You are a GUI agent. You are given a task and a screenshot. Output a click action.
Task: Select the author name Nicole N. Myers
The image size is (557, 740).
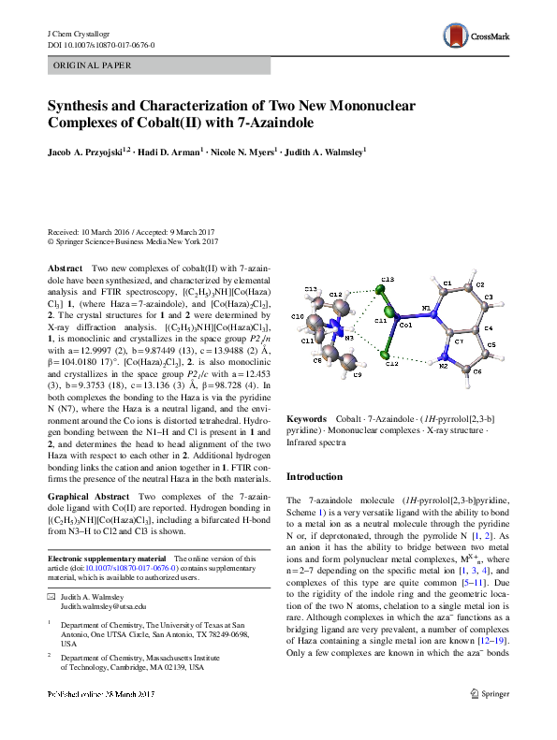click(x=248, y=151)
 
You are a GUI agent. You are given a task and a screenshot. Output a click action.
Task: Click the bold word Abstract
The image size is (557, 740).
click(x=65, y=268)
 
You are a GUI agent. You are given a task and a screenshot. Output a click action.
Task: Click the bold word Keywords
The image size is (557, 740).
click(x=305, y=418)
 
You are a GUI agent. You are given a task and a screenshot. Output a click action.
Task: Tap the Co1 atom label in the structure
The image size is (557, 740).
click(x=404, y=326)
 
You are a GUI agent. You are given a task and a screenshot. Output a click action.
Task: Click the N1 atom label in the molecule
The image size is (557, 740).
click(x=426, y=308)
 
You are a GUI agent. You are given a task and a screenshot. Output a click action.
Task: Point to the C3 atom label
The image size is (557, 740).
click(x=488, y=297)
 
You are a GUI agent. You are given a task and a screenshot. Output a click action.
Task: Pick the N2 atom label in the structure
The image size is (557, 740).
click(x=442, y=368)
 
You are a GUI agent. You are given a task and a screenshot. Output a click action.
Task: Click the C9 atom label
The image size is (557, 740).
click(x=358, y=374)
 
